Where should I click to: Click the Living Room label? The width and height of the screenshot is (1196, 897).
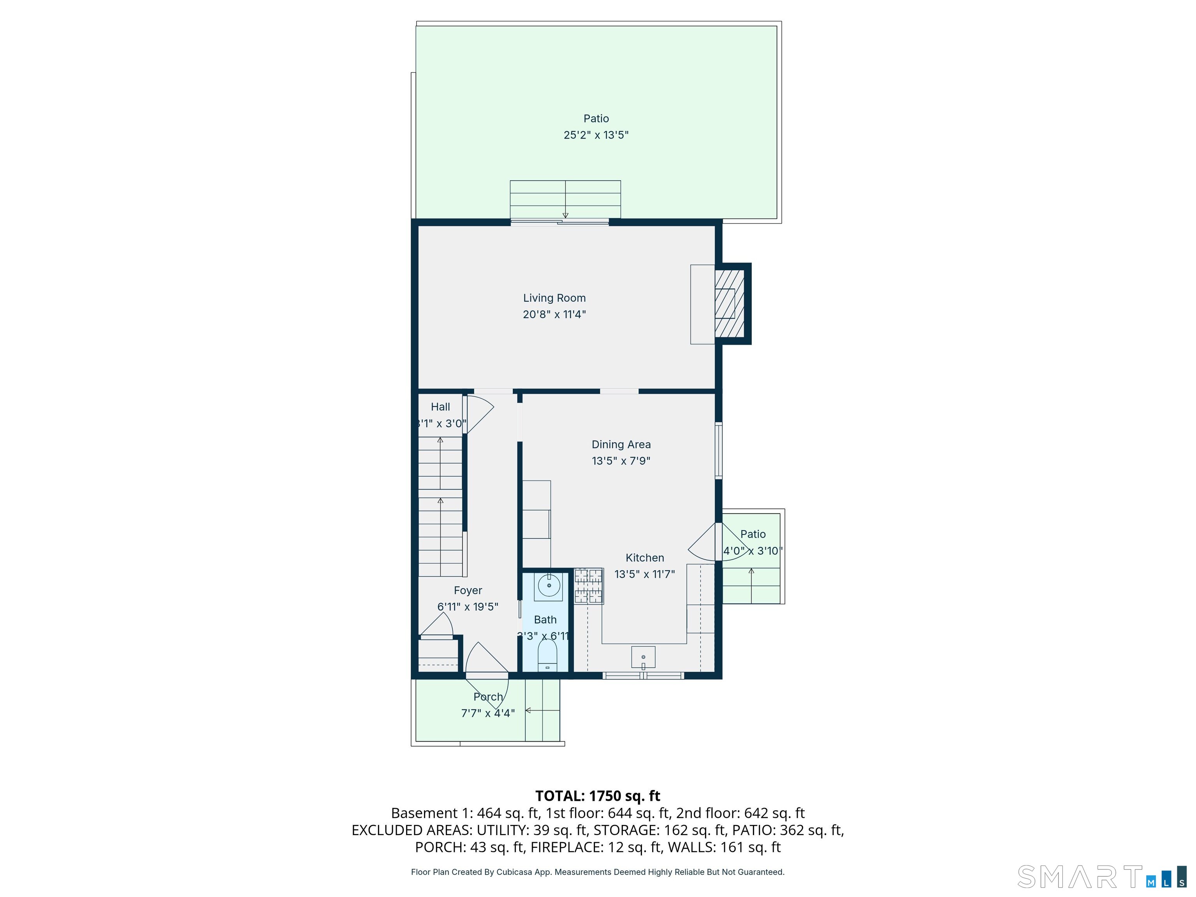tap(554, 298)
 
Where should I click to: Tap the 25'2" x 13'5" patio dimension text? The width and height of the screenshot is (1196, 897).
tap(596, 135)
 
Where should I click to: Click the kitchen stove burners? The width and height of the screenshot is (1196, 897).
tap(588, 586)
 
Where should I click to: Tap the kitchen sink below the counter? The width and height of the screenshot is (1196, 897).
tap(643, 657)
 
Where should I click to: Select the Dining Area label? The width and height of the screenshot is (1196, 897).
tap(621, 445)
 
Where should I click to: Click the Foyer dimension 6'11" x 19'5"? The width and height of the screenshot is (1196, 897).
tap(468, 607)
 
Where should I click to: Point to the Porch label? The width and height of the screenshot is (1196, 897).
tap(488, 697)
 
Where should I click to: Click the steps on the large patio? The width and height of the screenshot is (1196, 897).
tap(565, 199)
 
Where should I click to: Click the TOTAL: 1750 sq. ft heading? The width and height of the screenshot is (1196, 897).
tap(598, 796)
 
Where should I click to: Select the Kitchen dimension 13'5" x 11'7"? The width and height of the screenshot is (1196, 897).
tap(644, 574)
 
